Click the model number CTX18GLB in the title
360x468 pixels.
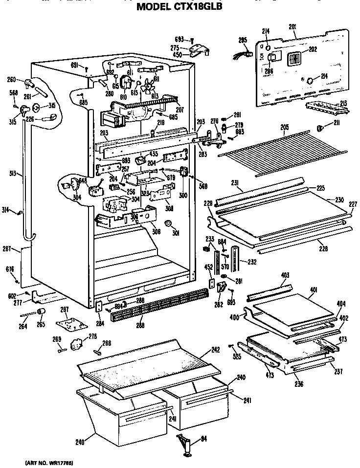(197, 7)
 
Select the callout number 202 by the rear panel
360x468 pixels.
(313, 49)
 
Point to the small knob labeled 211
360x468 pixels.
(320, 128)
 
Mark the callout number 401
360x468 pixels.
(314, 290)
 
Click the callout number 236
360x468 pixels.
(298, 384)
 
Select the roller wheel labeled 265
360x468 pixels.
(42, 312)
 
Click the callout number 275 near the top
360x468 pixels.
(175, 47)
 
